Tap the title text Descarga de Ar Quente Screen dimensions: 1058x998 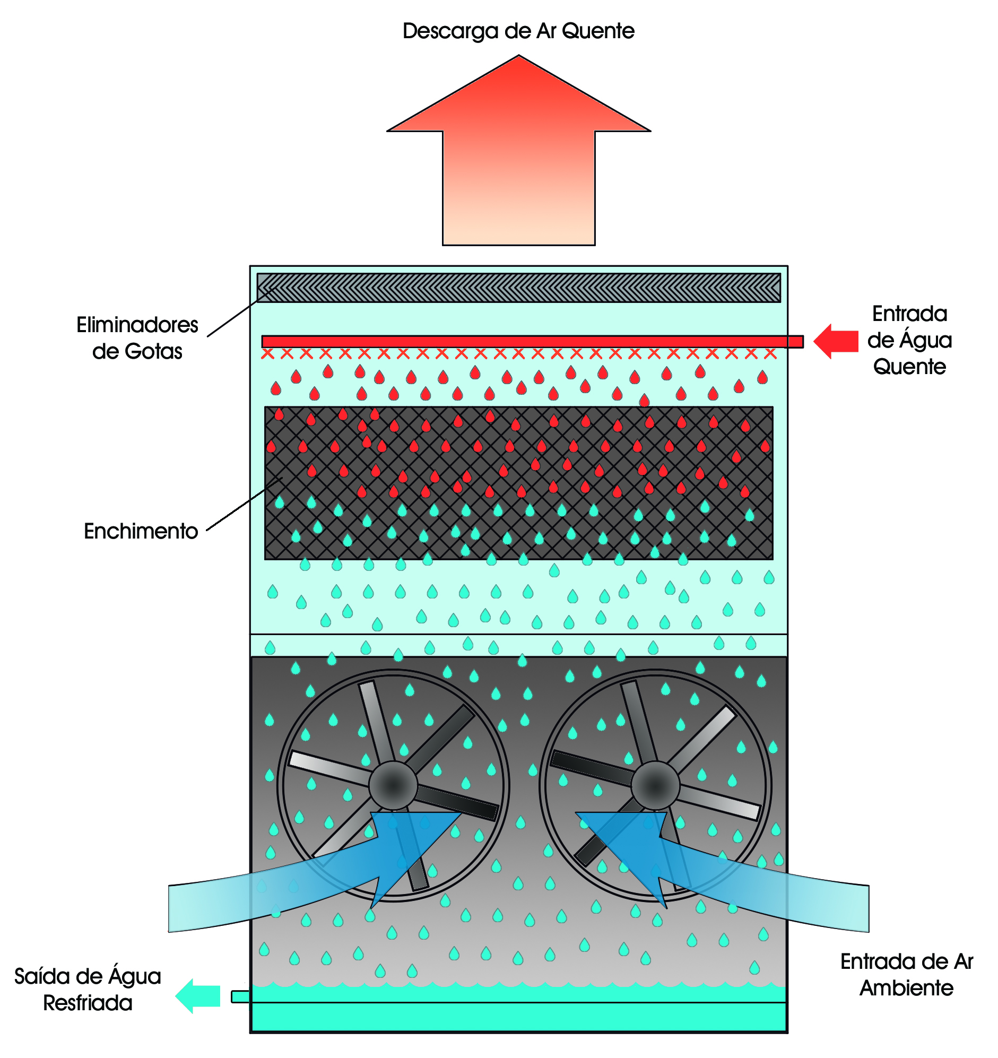tap(518, 31)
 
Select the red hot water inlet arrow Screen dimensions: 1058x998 tap(837, 341)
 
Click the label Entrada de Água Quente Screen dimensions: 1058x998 tap(909, 340)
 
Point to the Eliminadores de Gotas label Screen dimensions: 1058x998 tap(137, 338)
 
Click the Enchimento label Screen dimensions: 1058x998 tap(141, 531)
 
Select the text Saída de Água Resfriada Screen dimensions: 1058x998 tap(88, 990)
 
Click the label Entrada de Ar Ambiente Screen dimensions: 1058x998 tap(906, 975)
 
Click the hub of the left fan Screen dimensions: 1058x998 tap(393, 785)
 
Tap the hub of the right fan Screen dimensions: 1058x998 tap(655, 785)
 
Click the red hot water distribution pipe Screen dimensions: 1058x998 tap(532, 342)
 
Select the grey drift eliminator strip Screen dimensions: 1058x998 tap(518, 288)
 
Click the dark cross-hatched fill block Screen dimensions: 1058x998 tap(518, 483)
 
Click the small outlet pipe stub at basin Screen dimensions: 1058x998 tap(240, 996)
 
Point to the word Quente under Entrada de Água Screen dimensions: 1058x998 tap(909, 367)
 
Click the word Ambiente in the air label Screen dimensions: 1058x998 tap(906, 988)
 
